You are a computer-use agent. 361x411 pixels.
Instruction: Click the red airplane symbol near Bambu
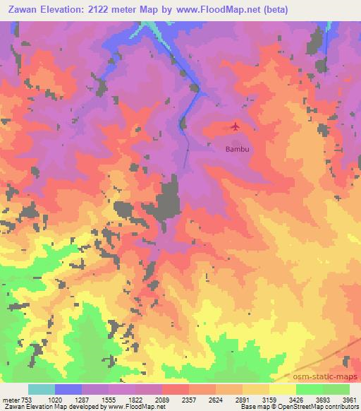[x=235, y=127]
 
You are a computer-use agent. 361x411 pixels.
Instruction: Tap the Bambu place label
[x=235, y=150]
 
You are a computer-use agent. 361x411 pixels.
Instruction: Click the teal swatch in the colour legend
[x=42, y=389]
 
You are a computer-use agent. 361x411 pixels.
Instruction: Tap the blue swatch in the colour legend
[x=68, y=389]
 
